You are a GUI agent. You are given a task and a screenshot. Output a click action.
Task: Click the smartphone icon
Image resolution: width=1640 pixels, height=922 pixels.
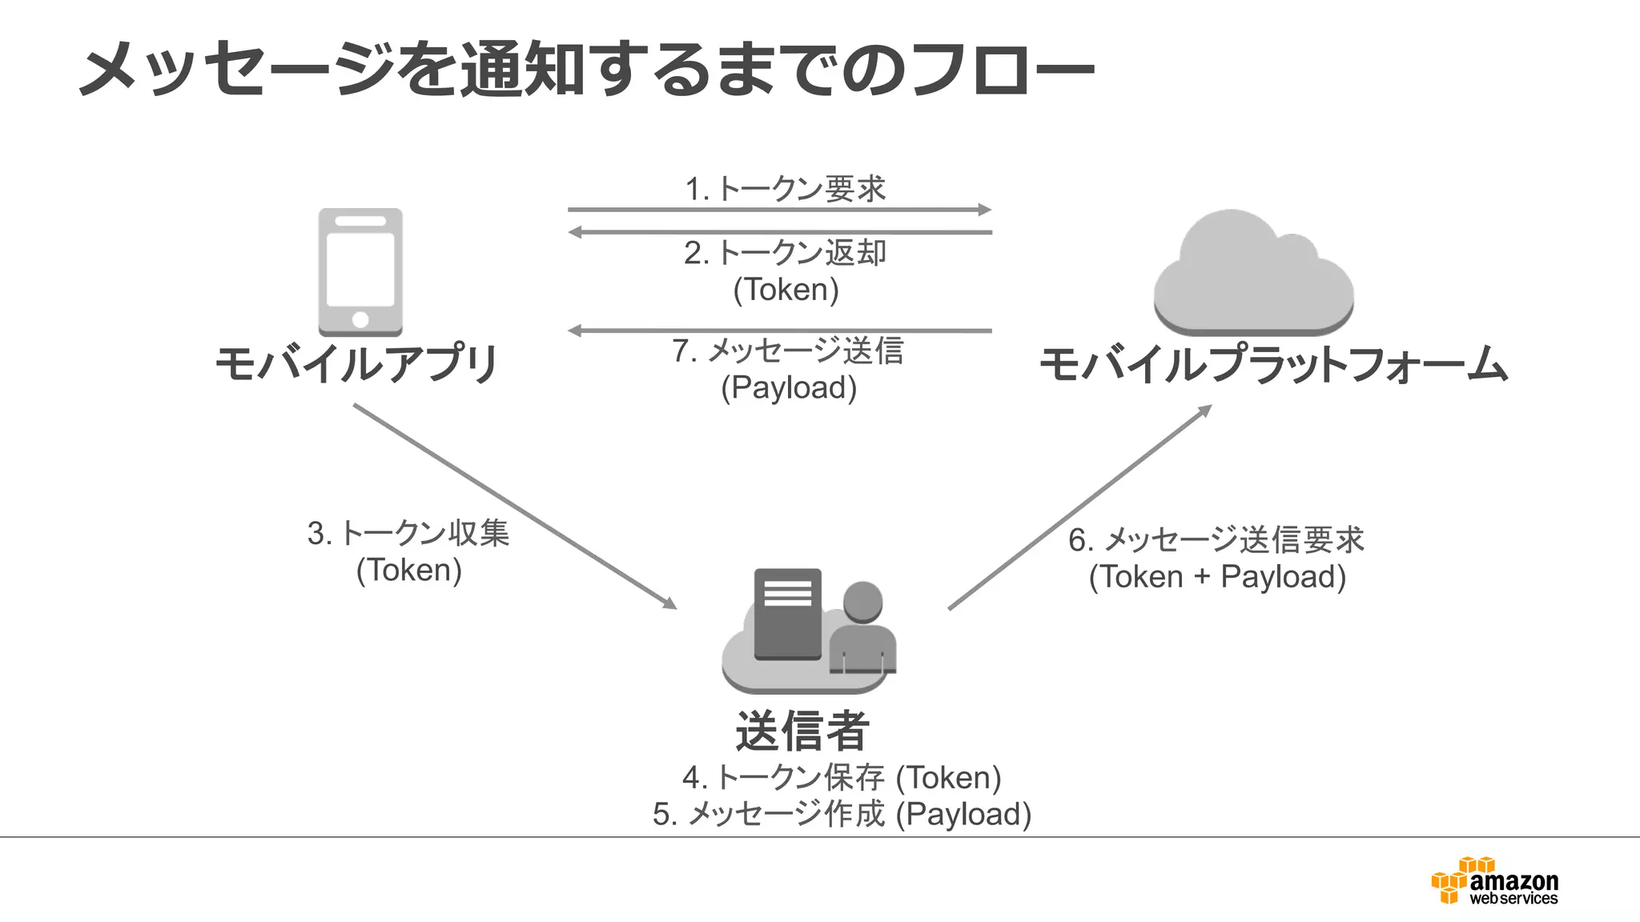coord(360,271)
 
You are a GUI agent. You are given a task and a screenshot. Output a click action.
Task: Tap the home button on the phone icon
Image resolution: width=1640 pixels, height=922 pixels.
coord(360,319)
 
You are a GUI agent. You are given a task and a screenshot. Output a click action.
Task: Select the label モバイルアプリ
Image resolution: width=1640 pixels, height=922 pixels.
coord(358,365)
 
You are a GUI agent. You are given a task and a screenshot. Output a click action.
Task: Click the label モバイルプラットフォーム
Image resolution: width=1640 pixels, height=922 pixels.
coord(1273,365)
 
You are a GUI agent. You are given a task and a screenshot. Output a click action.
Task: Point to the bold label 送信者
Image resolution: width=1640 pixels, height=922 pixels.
coord(802,731)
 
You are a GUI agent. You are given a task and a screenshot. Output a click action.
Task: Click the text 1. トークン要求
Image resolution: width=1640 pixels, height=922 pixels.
coord(786,190)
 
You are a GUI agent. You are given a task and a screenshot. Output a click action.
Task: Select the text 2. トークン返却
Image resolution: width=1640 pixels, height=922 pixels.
coord(786,253)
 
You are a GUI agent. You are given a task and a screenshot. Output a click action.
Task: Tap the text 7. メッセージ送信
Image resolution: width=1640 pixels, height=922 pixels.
coord(788,351)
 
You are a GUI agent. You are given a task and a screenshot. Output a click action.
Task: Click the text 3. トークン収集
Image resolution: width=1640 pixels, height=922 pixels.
coord(408,533)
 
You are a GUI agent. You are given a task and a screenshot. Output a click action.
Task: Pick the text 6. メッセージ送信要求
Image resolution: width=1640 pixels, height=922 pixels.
coord(1216,539)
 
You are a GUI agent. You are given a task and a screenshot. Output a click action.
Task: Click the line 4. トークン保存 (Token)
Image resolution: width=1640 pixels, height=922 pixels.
coord(842,777)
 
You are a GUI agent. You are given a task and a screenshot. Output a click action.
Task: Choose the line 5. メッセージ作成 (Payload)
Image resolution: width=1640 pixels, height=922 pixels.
coord(842,814)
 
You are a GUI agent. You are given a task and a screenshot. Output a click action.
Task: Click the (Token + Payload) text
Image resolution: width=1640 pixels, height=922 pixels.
coord(1217,576)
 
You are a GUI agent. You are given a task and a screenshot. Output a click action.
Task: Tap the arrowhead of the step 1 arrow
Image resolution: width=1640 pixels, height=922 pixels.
coord(985,210)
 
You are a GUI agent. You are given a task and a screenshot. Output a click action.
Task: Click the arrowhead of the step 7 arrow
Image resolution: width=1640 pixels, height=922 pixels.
coord(575,331)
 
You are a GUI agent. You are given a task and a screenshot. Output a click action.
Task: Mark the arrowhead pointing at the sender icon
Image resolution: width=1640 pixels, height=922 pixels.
coord(669,603)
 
